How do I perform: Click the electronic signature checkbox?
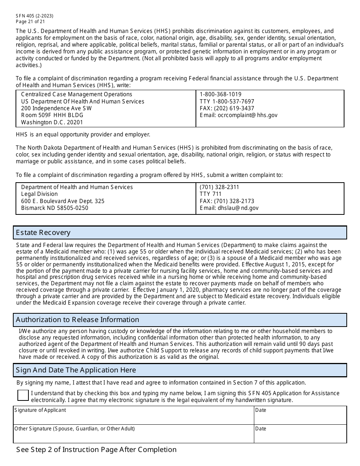23,395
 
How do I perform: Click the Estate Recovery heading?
43,233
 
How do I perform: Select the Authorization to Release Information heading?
77,320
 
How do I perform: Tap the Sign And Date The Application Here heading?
76,370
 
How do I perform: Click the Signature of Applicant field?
133,418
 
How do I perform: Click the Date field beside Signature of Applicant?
300,418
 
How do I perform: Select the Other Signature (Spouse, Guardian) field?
133,436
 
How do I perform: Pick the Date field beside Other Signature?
300,436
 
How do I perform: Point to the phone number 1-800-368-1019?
220,94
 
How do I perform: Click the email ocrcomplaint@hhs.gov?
238,115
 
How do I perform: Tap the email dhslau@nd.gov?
229,208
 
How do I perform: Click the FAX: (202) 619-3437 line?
227,108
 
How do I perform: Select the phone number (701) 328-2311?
219,187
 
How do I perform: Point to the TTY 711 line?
210,194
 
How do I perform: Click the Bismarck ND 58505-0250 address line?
55,208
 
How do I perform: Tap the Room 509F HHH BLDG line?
52,115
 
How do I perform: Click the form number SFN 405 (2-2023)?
34,16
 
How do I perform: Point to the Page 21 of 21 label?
30,22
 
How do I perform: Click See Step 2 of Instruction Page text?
96,450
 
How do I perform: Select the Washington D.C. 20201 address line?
52,122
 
